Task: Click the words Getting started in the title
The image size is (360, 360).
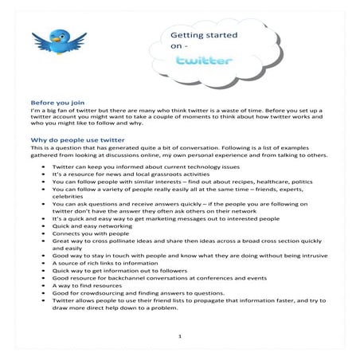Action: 197,35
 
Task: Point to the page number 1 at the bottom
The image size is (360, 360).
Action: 181,336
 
